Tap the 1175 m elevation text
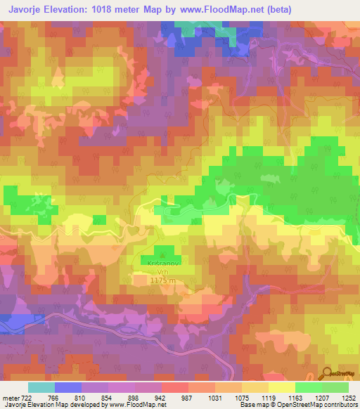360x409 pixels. [x=162, y=280]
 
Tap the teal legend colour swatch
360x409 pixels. [x=41, y=387]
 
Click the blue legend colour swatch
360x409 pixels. [x=67, y=387]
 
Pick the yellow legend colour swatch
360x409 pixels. [x=281, y=387]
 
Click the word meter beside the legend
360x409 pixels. [x=10, y=397]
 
